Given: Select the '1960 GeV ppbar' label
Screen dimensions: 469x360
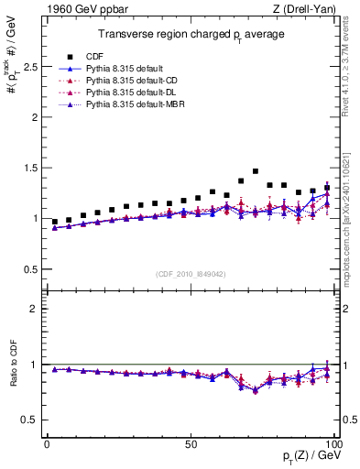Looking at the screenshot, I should (76, 9).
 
